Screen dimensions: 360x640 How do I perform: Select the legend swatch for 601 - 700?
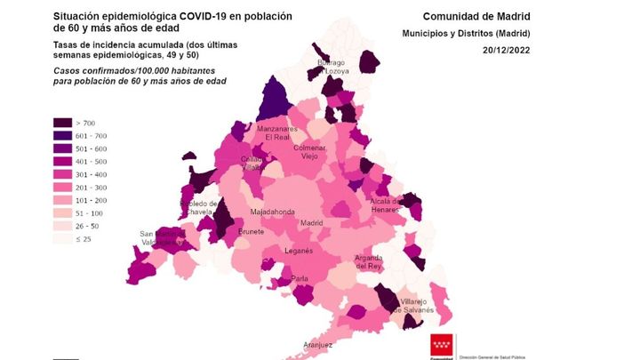(63, 136)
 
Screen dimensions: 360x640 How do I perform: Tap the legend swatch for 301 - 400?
(63, 175)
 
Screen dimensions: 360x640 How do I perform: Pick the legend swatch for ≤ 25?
(63, 239)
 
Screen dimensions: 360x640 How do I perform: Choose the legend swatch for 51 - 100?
(63, 213)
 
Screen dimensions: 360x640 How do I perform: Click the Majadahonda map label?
(272, 212)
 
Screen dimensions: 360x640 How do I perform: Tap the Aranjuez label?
(317, 344)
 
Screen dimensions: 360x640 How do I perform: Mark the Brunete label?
(251, 232)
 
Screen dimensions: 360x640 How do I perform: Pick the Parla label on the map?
(300, 278)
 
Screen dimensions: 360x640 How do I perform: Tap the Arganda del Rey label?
(368, 261)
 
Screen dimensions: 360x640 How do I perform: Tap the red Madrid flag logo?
(442, 346)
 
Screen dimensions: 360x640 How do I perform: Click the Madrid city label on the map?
(310, 223)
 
